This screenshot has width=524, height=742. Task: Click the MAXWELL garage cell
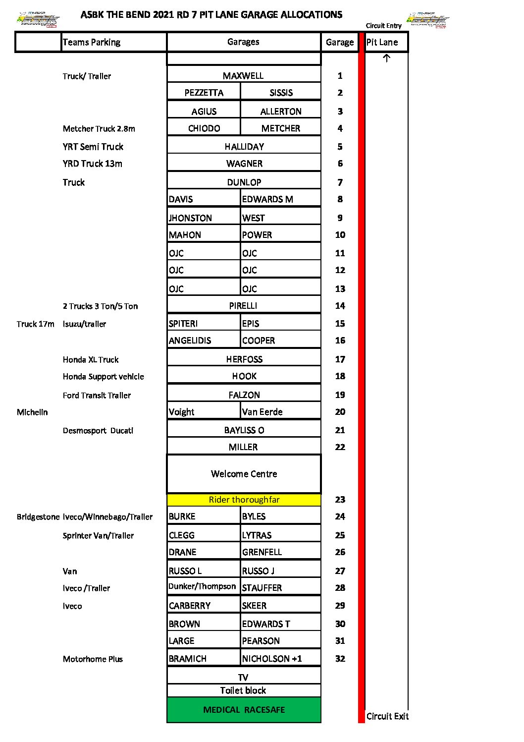point(243,75)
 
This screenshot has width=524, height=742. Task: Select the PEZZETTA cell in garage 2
point(204,93)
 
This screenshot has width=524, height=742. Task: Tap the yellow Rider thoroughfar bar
point(244,500)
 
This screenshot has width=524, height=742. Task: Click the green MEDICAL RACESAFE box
point(244,710)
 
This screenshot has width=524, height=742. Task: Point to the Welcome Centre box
point(244,474)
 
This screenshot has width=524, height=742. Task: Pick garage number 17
point(340,359)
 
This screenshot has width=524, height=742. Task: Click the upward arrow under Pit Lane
point(387,58)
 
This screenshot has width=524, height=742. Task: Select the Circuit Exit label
point(387,716)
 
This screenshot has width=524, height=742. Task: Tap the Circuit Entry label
point(383,26)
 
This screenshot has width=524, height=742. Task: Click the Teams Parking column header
point(92,42)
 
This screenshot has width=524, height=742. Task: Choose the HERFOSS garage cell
point(244,359)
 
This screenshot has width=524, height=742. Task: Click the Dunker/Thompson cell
point(202,586)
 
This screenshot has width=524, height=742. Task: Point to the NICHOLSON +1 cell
point(272,659)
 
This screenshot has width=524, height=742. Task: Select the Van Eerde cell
point(262,412)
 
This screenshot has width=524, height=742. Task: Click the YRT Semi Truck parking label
point(93,147)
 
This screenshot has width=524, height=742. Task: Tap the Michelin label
point(32,412)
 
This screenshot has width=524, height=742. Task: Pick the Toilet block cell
point(243,690)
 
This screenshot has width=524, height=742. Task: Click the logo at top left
point(38,20)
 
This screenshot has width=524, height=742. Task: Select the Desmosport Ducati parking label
point(98,431)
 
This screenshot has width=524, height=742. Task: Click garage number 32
point(340,659)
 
